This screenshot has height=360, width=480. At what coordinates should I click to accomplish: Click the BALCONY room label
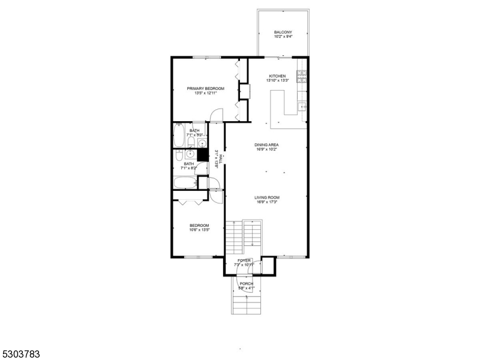point(283,32)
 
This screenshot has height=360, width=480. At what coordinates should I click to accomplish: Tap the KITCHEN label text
point(277,76)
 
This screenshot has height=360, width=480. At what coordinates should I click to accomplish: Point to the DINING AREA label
point(266,145)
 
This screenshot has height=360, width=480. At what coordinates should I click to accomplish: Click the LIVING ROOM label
point(267,197)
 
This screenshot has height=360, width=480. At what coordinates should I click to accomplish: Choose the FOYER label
point(244,260)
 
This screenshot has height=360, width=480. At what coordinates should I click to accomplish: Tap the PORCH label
point(246,283)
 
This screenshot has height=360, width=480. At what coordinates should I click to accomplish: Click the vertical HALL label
point(220,158)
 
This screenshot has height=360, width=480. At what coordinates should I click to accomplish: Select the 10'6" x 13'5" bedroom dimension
point(199,230)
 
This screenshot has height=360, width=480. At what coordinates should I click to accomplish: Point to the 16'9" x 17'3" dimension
point(267,202)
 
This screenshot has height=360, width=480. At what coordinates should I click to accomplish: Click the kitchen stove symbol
point(302,76)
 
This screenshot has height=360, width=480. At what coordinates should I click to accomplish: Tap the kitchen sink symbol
point(302,107)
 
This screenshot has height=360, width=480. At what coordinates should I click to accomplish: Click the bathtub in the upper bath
point(179,135)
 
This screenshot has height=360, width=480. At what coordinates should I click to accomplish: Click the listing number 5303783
point(20,355)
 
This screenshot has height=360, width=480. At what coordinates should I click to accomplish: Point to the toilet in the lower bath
point(179,157)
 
